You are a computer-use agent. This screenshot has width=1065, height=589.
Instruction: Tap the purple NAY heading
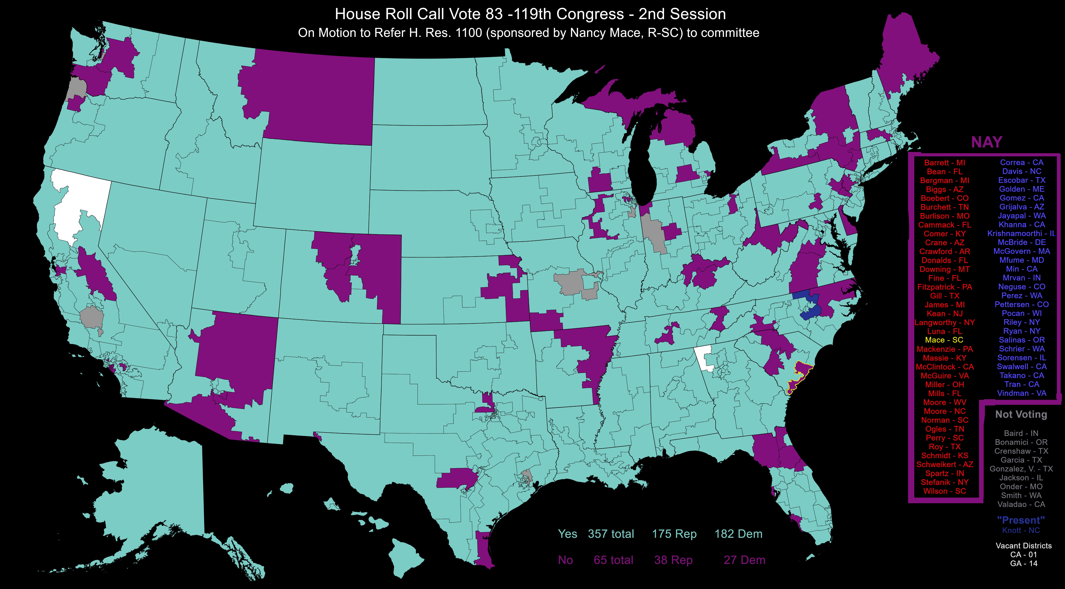click(986, 142)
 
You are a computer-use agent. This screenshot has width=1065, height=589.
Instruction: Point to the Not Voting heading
click(1021, 415)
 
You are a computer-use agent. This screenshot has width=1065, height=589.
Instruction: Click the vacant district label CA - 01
click(1023, 555)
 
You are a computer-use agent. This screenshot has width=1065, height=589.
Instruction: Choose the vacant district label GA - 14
click(1023, 563)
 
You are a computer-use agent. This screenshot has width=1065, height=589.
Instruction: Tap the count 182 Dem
click(738, 534)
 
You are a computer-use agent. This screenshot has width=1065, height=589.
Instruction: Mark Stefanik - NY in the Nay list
click(945, 482)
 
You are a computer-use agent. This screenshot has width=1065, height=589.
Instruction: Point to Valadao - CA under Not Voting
click(1021, 504)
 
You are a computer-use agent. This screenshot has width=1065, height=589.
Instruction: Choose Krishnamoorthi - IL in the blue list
click(1021, 234)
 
